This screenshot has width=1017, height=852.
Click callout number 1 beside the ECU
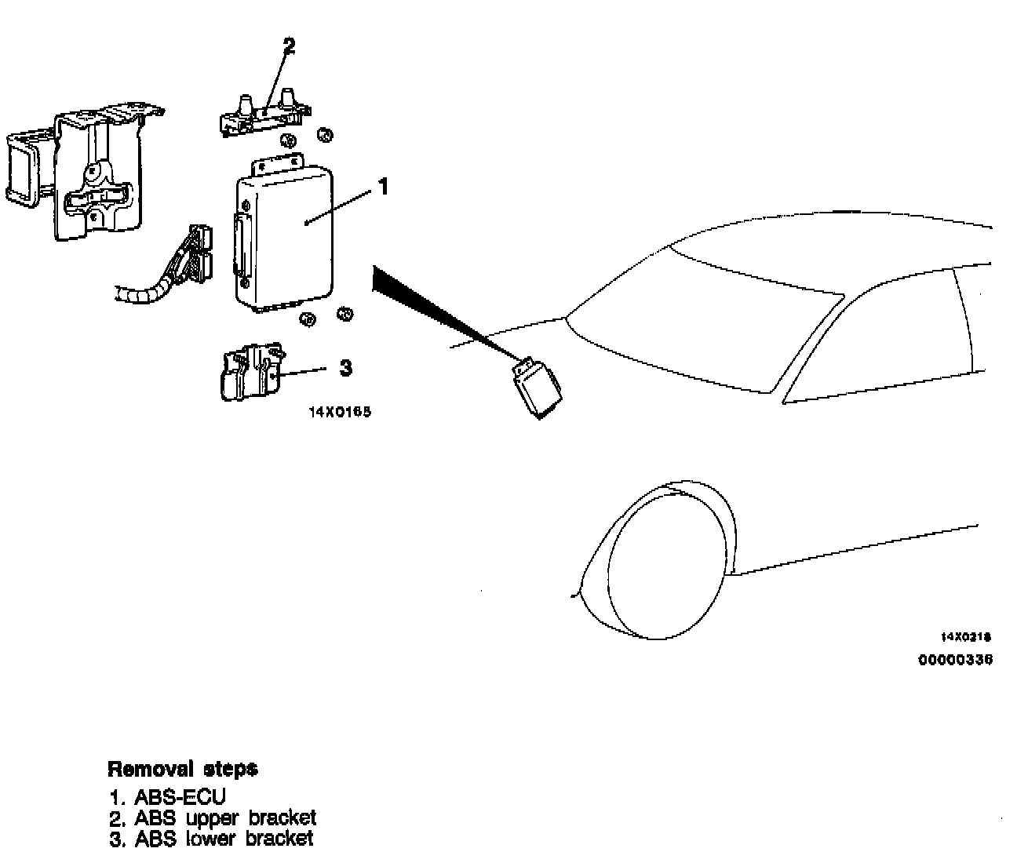click(383, 187)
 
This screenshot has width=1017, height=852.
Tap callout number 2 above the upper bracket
click(289, 46)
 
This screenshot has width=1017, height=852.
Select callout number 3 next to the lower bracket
click(345, 367)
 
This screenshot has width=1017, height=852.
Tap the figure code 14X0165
click(339, 411)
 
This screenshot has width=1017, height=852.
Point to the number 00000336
click(955, 660)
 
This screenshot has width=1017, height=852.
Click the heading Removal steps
click(182, 768)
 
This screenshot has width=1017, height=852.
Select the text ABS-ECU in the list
click(180, 798)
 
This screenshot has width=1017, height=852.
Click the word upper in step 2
click(215, 819)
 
